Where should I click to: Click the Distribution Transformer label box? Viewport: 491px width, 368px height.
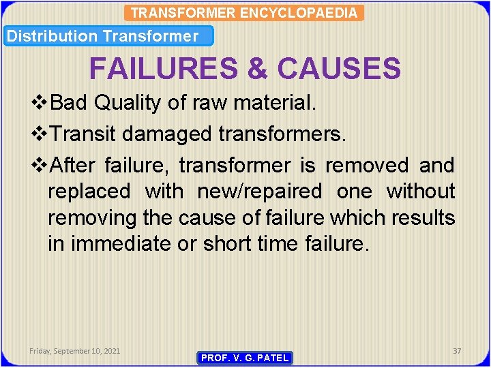[x=108, y=36]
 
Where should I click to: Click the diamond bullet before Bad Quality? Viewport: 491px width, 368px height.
[x=41, y=103]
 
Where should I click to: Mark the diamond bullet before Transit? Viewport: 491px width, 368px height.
[x=41, y=134]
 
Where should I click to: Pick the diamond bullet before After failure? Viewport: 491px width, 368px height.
[x=41, y=166]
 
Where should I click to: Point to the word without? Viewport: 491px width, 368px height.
[x=421, y=191]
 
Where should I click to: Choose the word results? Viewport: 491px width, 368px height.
[x=423, y=218]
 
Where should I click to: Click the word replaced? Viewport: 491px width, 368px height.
[x=89, y=191]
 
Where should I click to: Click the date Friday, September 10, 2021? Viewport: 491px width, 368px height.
[x=75, y=351]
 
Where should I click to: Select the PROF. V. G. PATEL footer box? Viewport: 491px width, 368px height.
[x=245, y=358]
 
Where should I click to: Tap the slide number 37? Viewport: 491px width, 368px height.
[x=457, y=351]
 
